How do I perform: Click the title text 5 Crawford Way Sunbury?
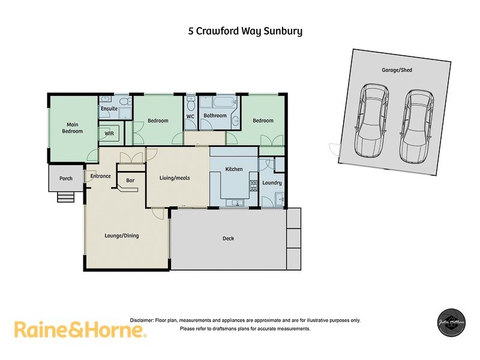[x=245, y=31]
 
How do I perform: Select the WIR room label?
[x=109, y=133]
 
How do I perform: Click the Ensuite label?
[x=109, y=109]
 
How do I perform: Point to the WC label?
[x=190, y=116]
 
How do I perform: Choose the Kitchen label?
[x=233, y=169]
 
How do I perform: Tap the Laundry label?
[x=272, y=182]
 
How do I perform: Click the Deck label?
[x=228, y=238]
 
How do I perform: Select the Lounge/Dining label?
[x=122, y=236]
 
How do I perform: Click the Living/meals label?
[x=175, y=178]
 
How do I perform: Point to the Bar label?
[x=129, y=179]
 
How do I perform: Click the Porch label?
[x=66, y=178]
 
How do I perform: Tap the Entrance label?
[x=101, y=176]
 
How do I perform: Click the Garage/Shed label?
[x=397, y=70]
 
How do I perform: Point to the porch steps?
[x=68, y=197]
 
